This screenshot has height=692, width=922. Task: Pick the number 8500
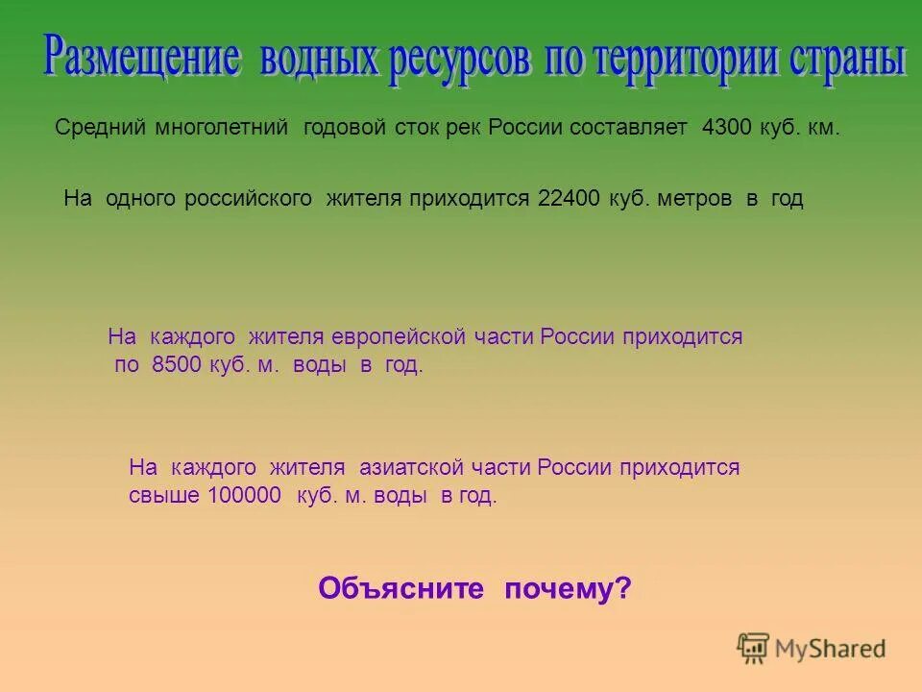(x=177, y=366)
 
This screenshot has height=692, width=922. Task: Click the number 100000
(x=244, y=496)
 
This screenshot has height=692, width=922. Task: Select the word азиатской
(x=412, y=468)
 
